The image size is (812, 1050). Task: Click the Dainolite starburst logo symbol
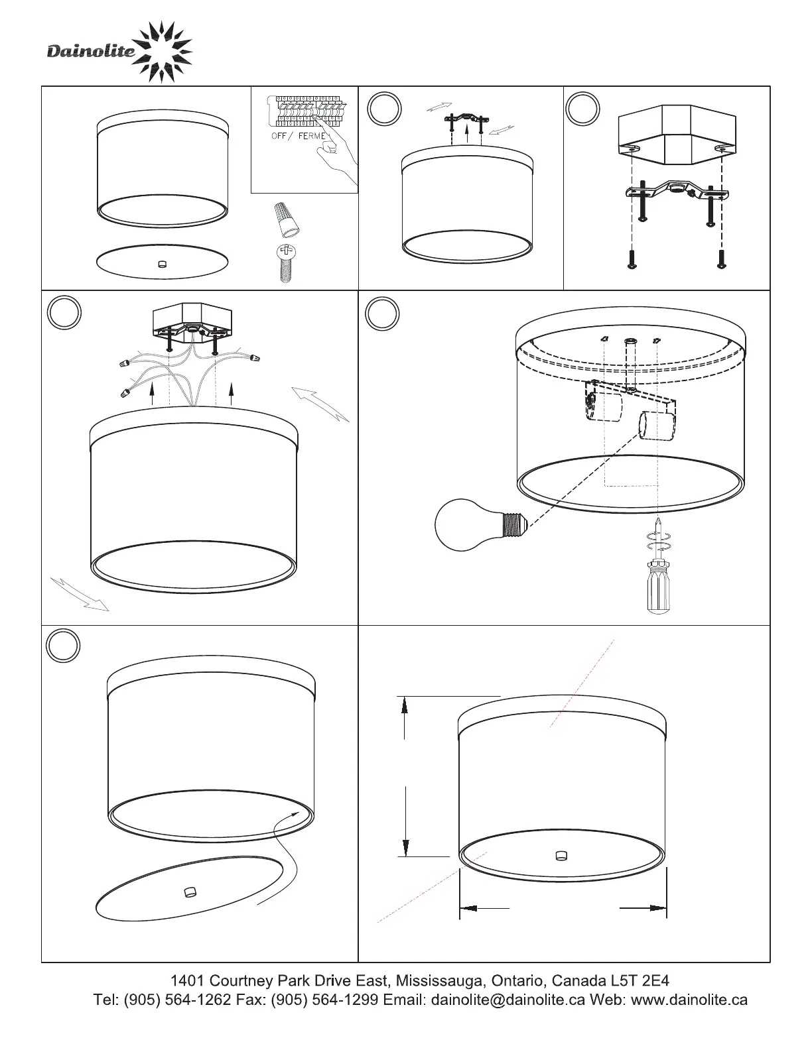coord(162,52)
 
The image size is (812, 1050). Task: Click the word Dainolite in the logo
coord(91,51)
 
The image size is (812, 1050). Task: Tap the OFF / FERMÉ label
coord(299,136)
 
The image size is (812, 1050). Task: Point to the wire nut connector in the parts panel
coord(287,220)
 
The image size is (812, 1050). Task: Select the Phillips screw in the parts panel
coord(285,263)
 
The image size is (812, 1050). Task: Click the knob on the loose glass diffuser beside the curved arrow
coord(190,892)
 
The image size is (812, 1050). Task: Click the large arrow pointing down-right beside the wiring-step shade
coord(80,594)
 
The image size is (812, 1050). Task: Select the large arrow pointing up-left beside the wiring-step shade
coord(320,404)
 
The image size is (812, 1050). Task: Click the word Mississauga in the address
coord(440,981)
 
